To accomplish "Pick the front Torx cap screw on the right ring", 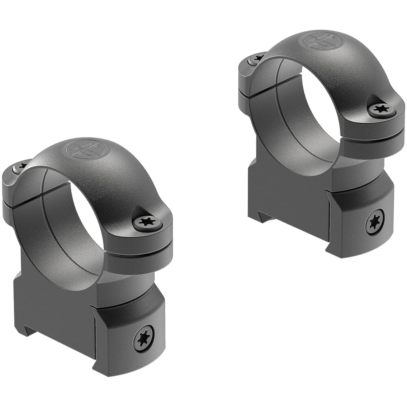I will pos(381,109).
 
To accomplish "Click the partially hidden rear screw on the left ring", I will pos(20,166).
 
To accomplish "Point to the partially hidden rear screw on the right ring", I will pos(256,59).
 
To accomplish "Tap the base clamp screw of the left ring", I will pos(144,338).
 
